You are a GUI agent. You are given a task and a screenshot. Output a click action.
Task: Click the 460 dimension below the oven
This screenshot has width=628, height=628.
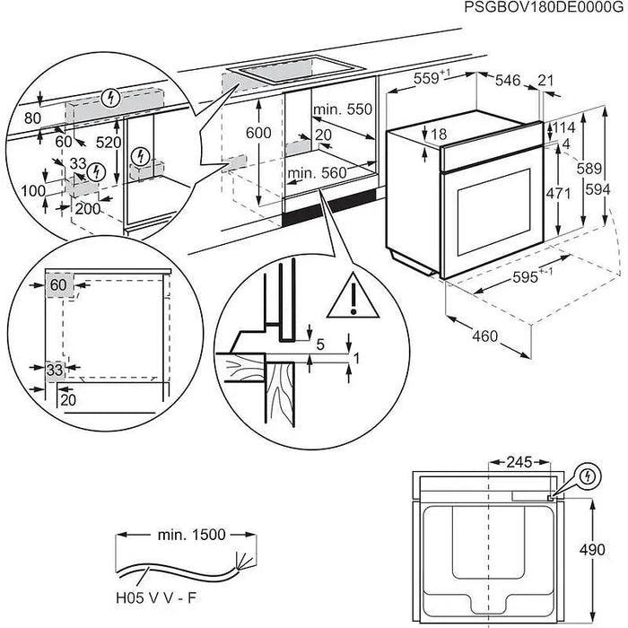(x=484, y=337)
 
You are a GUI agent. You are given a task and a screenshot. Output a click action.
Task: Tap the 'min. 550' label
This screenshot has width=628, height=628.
(x=341, y=109)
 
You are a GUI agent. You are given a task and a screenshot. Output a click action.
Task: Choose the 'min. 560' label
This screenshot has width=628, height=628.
(x=316, y=174)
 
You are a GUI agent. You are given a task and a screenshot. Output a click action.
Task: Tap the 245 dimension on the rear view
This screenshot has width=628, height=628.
(x=517, y=463)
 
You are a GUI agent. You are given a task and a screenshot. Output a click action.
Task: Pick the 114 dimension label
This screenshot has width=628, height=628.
(x=561, y=128)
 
